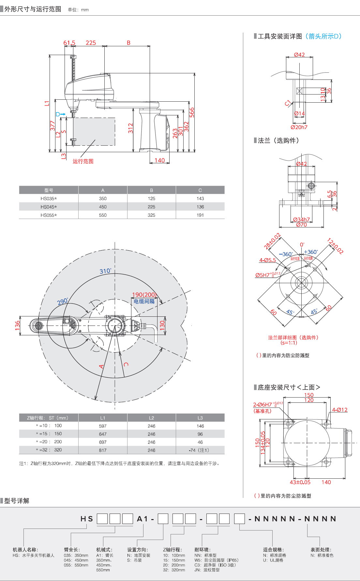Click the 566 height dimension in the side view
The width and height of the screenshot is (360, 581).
[192, 112]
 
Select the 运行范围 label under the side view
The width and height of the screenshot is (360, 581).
[83, 161]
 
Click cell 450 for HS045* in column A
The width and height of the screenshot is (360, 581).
[103, 207]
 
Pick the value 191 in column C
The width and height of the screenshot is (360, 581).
[200, 215]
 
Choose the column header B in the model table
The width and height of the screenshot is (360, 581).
[151, 190]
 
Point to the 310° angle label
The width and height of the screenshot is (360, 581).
[105, 271]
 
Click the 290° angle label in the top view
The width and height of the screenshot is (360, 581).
[63, 301]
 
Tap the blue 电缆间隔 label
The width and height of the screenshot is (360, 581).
[144, 301]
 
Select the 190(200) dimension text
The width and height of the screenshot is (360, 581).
[144, 295]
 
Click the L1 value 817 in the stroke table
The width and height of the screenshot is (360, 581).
[103, 450]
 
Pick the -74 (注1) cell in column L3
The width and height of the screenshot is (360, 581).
[199, 450]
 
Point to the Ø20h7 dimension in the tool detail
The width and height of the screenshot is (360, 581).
[299, 127]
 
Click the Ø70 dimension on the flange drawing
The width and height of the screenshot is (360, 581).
[301, 225]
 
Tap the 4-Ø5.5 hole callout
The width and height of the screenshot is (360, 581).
[267, 260]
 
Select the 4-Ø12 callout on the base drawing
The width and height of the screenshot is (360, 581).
[339, 410]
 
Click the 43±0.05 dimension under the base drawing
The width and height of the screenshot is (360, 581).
[300, 482]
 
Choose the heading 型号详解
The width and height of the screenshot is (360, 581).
[17, 501]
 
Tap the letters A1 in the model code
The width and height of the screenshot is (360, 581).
[142, 519]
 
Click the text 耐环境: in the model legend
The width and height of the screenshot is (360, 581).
[202, 550]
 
